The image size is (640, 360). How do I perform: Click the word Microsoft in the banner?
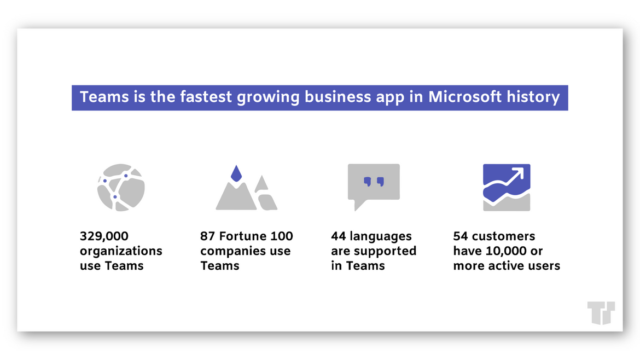[x=465, y=97]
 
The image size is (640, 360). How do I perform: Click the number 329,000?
[x=104, y=236]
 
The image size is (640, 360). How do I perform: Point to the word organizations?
[x=121, y=252]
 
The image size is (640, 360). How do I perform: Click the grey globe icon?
[x=121, y=187]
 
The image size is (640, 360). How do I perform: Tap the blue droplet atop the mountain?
[x=236, y=173]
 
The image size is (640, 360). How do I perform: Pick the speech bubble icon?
[x=374, y=185]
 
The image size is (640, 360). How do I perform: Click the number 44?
[x=339, y=236]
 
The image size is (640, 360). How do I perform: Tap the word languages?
[x=380, y=237]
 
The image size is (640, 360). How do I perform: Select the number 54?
[x=461, y=236]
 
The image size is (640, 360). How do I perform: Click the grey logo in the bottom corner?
[x=601, y=312]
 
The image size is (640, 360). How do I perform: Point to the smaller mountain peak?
[x=261, y=184]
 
